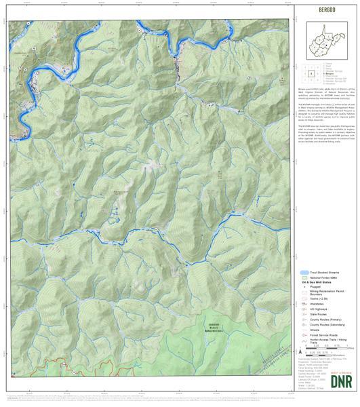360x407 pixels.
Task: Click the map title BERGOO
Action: [324, 12]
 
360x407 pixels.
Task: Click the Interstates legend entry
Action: [318, 305]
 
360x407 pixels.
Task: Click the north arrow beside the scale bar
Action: [299, 353]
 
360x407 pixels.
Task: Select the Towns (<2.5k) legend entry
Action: [318, 299]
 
